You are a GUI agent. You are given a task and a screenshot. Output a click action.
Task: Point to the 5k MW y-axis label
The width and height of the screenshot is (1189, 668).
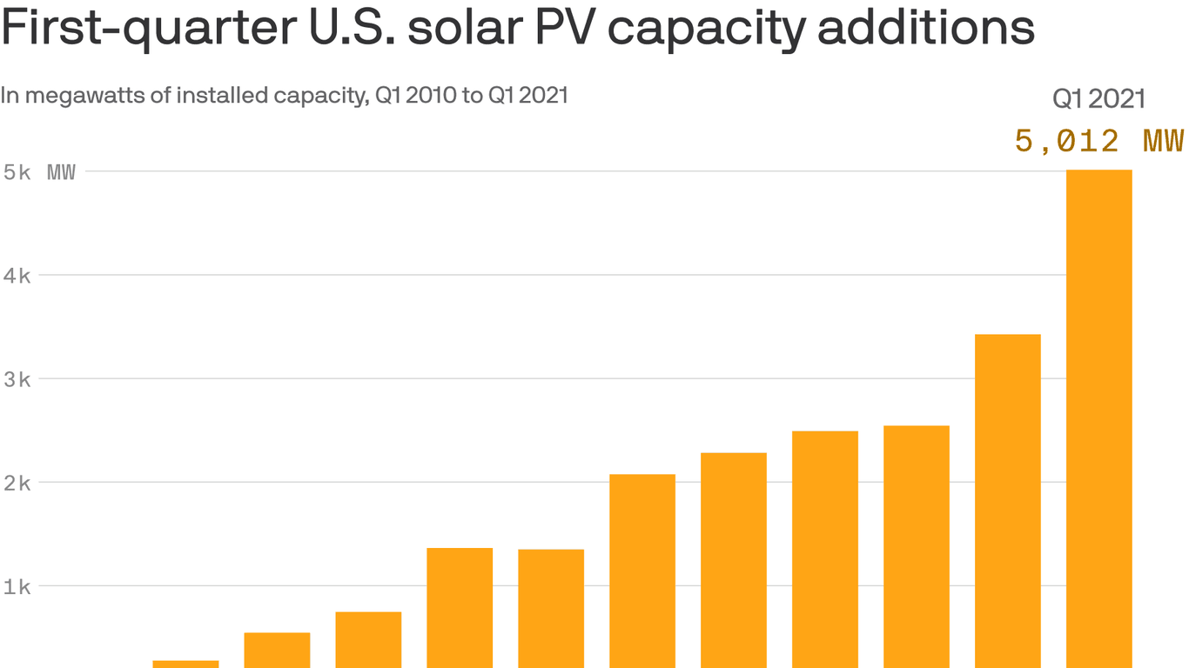(x=39, y=172)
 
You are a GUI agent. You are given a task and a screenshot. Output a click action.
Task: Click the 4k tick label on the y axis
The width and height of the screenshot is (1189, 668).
(x=17, y=276)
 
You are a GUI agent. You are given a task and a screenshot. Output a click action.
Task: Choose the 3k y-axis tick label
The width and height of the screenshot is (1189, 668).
(x=17, y=379)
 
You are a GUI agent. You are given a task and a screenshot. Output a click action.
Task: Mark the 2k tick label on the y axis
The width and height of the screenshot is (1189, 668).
(x=17, y=483)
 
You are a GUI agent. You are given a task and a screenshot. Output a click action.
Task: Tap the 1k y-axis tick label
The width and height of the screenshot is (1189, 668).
(x=17, y=586)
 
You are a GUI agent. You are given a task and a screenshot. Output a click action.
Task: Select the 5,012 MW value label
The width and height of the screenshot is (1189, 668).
(x=1099, y=140)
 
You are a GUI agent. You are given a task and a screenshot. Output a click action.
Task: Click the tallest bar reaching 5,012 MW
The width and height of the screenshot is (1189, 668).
(x=1099, y=417)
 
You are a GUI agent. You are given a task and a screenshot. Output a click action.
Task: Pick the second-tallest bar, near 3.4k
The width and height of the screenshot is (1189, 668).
(x=1008, y=500)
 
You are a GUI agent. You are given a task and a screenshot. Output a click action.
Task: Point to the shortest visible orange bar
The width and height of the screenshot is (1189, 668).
(x=185, y=664)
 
